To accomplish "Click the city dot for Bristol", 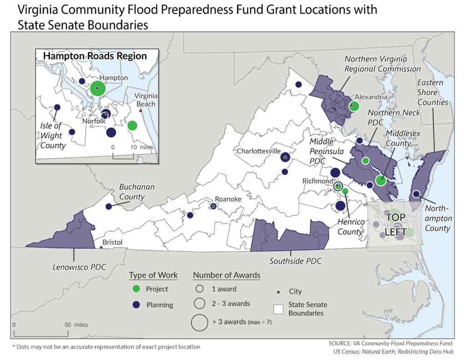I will point(101,247).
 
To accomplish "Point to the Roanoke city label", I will point(228,199).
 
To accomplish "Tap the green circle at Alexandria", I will point(354,106).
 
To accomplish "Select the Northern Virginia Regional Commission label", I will point(382,64).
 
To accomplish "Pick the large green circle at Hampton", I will point(98,88).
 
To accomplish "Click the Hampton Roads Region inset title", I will point(94,56).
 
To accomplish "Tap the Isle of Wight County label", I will point(52,135).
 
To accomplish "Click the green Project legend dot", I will point(136,289).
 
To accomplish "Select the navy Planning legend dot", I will point(136,305).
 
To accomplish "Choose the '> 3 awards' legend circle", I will point(199,322).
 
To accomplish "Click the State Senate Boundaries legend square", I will point(278,309).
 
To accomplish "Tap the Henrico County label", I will point(351,226).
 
